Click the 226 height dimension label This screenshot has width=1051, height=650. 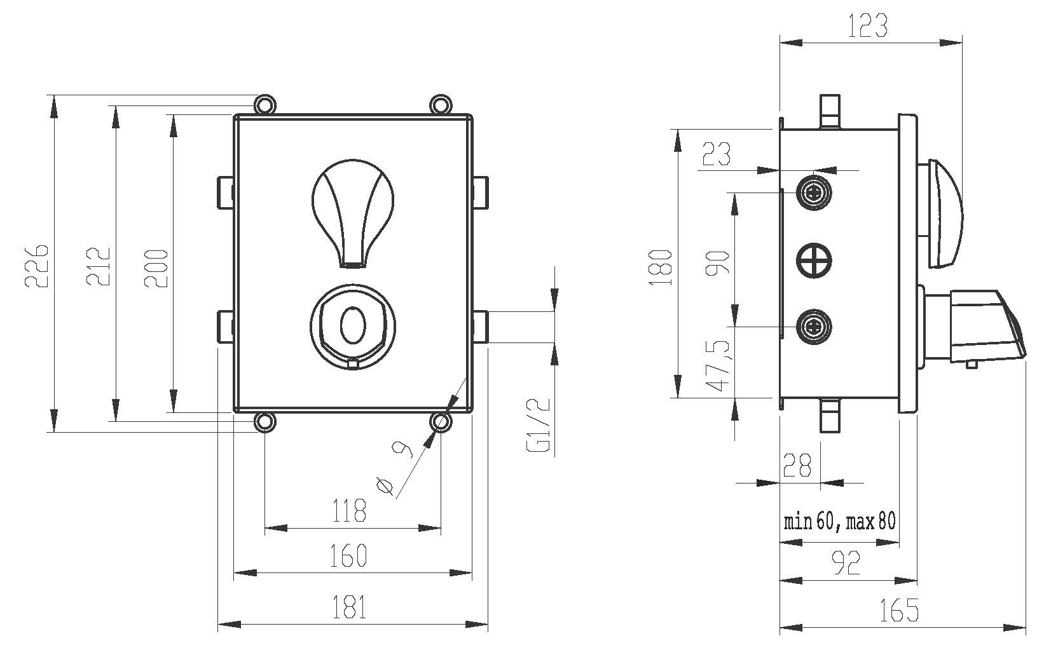[37, 264]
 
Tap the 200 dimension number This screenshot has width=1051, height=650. [156, 268]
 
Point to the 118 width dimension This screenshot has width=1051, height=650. [350, 510]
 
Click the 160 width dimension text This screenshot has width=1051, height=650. [348, 556]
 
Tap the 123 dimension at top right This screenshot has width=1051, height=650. [868, 26]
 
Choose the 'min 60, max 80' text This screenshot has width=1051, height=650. [839, 522]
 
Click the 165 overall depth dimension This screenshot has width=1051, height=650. [900, 611]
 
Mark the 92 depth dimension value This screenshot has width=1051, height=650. [847, 562]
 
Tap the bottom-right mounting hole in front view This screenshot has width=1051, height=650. [440, 422]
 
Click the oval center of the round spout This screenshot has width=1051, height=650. [353, 325]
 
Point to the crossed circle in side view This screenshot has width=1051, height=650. [814, 260]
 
